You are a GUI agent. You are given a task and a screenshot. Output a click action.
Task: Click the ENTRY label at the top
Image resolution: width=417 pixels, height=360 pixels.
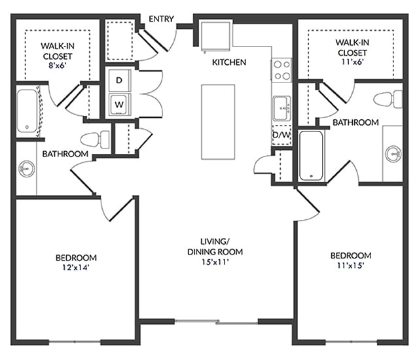pyautogui.click(x=161, y=19)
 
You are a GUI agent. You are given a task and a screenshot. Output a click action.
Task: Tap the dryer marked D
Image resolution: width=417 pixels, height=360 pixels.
pyautogui.click(x=120, y=81)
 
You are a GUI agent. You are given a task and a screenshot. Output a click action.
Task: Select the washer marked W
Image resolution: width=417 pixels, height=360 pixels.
pyautogui.click(x=120, y=103)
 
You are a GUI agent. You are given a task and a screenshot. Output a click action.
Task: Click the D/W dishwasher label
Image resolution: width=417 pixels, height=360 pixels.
pyautogui.click(x=281, y=135)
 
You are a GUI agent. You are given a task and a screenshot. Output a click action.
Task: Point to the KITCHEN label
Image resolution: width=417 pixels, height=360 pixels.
pyautogui.click(x=228, y=63)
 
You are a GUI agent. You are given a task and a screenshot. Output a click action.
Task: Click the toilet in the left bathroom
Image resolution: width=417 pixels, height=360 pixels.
pyautogui.click(x=95, y=138)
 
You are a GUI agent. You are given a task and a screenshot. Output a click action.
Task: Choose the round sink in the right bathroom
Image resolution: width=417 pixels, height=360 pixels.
pyautogui.click(x=393, y=154)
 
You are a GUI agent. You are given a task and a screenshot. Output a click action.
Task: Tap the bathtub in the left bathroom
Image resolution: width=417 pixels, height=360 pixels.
pyautogui.click(x=27, y=111)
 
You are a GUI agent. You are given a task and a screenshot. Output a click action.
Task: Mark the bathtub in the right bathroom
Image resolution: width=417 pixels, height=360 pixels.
pyautogui.click(x=311, y=156)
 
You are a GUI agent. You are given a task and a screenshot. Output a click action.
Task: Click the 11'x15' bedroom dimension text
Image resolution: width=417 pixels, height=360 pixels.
pyautogui.click(x=350, y=265)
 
